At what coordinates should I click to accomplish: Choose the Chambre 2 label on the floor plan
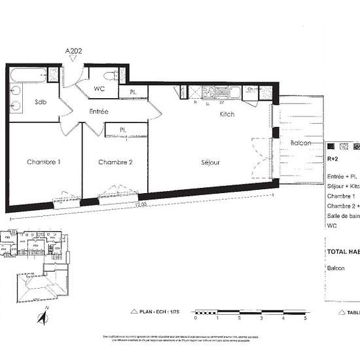pyautogui.click(x=115, y=162)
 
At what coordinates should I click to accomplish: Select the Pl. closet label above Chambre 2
pyautogui.click(x=122, y=129)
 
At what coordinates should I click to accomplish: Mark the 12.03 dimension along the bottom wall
pyautogui.click(x=137, y=204)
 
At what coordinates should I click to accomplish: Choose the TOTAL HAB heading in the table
pyautogui.click(x=343, y=251)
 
